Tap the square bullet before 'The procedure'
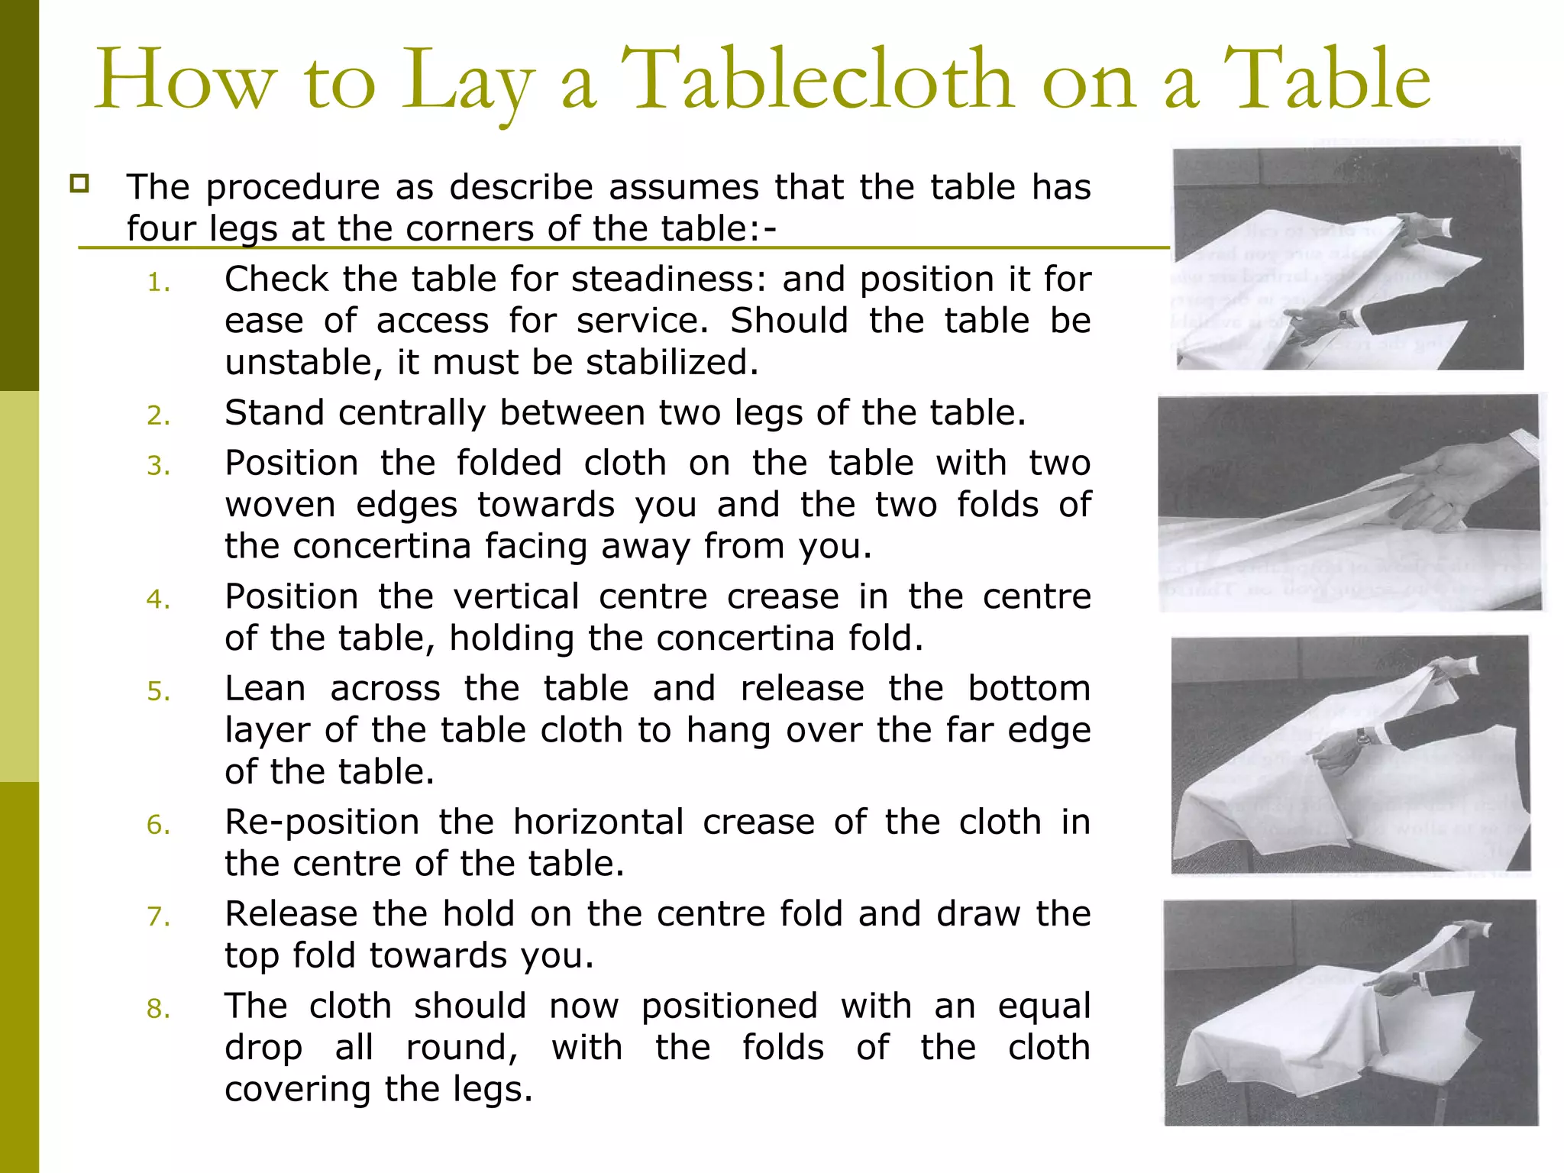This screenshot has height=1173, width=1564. (79, 183)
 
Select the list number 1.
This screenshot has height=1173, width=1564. (158, 283)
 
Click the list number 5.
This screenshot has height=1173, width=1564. (158, 692)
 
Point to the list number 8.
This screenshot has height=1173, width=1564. (158, 1010)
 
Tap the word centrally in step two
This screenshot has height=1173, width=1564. (412, 413)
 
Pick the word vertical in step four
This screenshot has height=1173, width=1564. (516, 597)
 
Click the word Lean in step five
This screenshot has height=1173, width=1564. (265, 689)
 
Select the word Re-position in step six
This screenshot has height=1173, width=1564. (322, 823)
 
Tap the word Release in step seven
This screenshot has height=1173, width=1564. (291, 915)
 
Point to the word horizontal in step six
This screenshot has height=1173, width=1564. (598, 823)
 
